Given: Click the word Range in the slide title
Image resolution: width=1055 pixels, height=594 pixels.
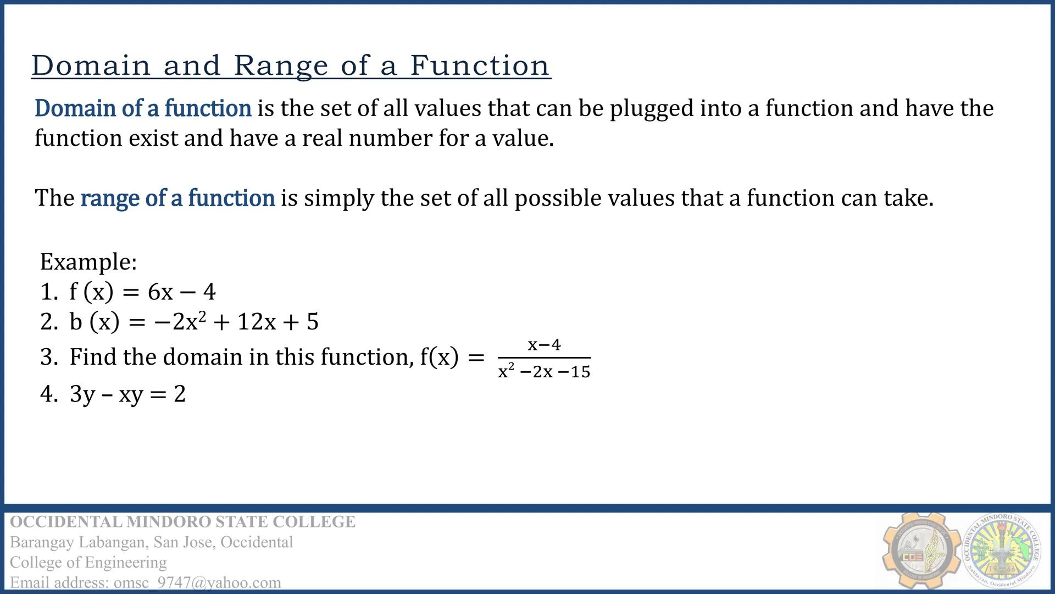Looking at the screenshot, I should pyautogui.click(x=281, y=66).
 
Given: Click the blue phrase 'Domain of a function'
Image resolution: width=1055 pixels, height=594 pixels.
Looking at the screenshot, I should pyautogui.click(x=143, y=108).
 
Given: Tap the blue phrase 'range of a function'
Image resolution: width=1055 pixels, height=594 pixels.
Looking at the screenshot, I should pyautogui.click(x=177, y=198).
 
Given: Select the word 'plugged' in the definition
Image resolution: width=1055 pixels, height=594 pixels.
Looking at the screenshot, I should pyautogui.click(x=652, y=109).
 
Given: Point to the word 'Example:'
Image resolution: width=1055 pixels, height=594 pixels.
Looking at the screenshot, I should pyautogui.click(x=88, y=262).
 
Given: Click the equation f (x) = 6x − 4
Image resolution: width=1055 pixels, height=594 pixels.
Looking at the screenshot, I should pyautogui.click(x=142, y=292).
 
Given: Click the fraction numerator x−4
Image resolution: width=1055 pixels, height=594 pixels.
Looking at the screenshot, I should pyautogui.click(x=544, y=345).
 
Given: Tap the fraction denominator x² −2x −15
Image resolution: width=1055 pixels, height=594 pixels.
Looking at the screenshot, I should pyautogui.click(x=544, y=372).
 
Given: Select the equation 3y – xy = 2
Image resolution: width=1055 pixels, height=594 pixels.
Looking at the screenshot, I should pyautogui.click(x=127, y=394).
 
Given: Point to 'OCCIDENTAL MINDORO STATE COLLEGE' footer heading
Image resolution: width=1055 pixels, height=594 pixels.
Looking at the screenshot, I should pyautogui.click(x=182, y=521).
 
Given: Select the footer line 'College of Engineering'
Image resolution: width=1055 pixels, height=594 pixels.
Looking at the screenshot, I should pyautogui.click(x=88, y=562).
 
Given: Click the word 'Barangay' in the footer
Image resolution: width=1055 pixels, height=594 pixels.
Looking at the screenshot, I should pyautogui.click(x=42, y=542).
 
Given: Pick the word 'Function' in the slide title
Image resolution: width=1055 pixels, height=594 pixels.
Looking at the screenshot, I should pyautogui.click(x=480, y=66).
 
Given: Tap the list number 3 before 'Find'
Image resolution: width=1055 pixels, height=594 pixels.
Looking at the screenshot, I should pyautogui.click(x=47, y=358).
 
